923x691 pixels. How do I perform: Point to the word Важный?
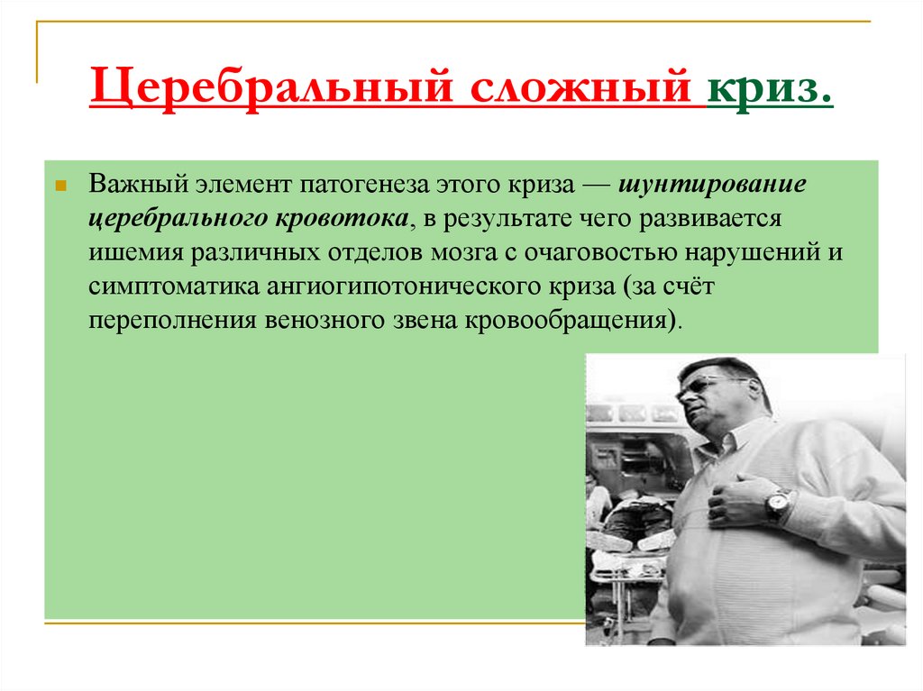pos(133,186)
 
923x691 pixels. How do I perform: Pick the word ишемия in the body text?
pos(135,253)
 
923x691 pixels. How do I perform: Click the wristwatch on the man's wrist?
pos(777,506)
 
